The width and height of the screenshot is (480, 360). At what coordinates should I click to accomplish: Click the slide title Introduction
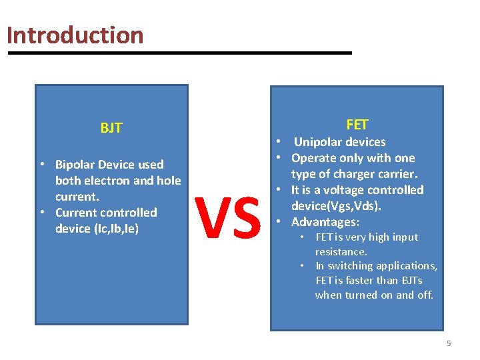(75, 35)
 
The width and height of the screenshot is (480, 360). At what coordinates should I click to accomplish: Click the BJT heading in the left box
(111, 128)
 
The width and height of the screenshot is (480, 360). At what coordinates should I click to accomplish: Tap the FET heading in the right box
(357, 125)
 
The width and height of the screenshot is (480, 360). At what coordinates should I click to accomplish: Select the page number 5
(449, 343)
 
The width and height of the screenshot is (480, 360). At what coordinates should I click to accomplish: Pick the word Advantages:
(325, 222)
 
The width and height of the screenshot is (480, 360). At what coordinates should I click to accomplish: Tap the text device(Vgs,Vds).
(336, 206)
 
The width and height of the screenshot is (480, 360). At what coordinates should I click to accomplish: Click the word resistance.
(341, 252)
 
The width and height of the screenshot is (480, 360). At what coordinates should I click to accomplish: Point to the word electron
(109, 181)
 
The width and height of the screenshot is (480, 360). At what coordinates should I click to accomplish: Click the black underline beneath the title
(179, 53)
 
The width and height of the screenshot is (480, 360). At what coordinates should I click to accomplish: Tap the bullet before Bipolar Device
(42, 165)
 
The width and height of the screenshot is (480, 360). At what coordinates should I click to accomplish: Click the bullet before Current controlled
(42, 213)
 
